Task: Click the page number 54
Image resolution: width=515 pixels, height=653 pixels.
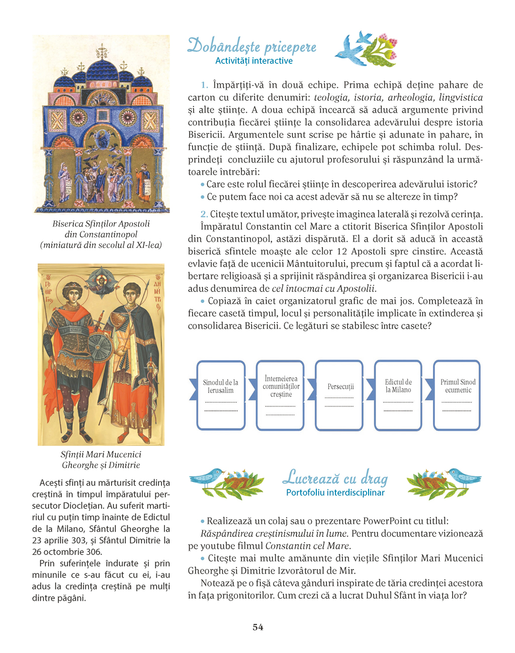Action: click(x=257, y=627)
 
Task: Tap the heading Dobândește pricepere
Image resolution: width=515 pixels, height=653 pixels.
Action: click(x=252, y=46)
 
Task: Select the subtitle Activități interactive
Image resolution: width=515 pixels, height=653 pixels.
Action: click(x=253, y=61)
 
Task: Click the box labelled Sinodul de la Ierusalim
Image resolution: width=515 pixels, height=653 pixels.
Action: click(x=221, y=395)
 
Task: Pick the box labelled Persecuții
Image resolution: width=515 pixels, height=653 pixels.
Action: click(x=340, y=395)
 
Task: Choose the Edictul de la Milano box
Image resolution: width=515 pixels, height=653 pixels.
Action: click(x=398, y=395)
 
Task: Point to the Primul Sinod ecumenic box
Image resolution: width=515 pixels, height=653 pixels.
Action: click(x=458, y=395)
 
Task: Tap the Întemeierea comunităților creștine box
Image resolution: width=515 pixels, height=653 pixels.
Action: click(x=281, y=395)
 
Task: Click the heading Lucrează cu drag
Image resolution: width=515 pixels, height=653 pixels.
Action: click(x=335, y=477)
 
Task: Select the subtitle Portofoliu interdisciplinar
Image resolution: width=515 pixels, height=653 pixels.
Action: click(x=335, y=493)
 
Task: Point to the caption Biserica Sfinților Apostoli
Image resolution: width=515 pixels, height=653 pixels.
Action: click(x=101, y=224)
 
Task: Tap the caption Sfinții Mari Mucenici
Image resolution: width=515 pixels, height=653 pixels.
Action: click(x=101, y=454)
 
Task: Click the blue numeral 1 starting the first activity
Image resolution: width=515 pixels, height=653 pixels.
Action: click(x=204, y=85)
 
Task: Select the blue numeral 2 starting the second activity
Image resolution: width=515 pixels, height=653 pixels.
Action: click(x=204, y=214)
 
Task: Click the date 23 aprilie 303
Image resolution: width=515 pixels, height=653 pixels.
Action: click(x=62, y=540)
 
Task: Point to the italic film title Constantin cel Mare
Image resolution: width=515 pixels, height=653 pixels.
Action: click(x=307, y=546)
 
